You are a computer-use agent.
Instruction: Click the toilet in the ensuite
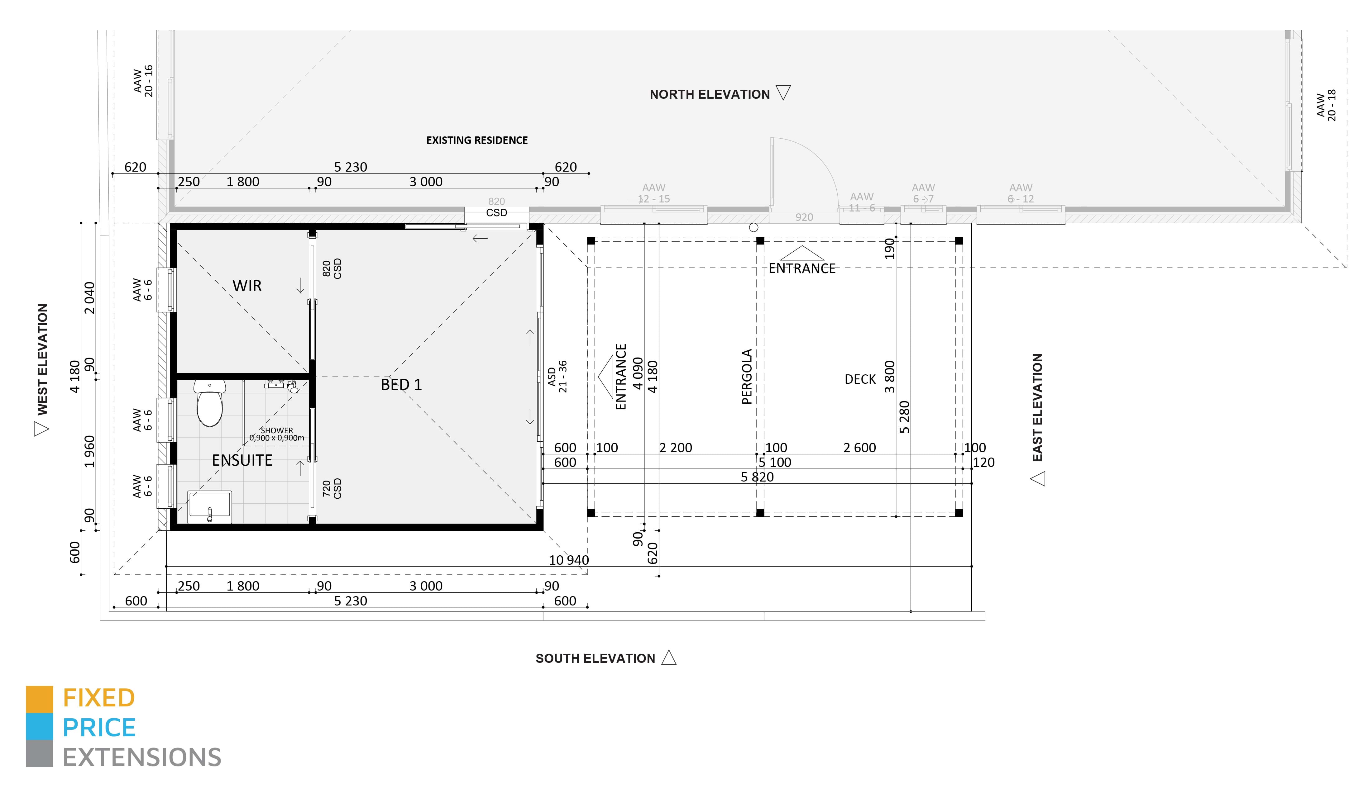(209, 404)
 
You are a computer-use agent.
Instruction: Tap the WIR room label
(247, 286)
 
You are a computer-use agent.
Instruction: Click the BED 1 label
(401, 385)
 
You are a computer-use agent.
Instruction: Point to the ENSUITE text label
(242, 460)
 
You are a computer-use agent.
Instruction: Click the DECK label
(860, 379)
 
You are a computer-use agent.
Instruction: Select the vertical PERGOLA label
(747, 377)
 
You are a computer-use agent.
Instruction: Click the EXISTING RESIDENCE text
(477, 140)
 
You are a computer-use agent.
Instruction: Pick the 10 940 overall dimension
(568, 560)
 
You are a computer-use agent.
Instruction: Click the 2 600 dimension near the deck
(859, 448)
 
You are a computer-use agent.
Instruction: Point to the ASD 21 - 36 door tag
(557, 376)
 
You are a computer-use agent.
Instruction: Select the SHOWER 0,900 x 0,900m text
(277, 434)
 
